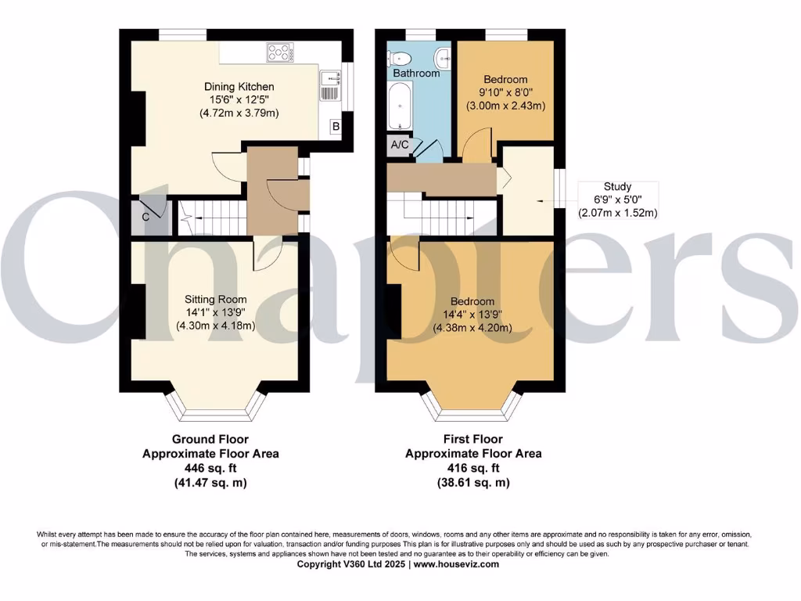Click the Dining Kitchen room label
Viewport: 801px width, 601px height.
pyautogui.click(x=239, y=86)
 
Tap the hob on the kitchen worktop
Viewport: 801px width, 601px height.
pyautogui.click(x=279, y=53)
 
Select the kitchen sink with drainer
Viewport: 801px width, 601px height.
pyautogui.click(x=332, y=85)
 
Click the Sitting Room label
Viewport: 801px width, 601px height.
pyautogui.click(x=215, y=299)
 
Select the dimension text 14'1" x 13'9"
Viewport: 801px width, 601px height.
pyautogui.click(x=215, y=312)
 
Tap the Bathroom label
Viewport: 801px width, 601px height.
pyautogui.click(x=416, y=73)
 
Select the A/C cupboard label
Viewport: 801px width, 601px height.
pyautogui.click(x=399, y=145)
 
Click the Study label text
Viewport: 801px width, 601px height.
pyautogui.click(x=617, y=187)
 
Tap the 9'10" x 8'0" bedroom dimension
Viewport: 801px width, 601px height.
pyautogui.click(x=505, y=92)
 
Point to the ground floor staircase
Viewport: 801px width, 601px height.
pyautogui.click(x=211, y=216)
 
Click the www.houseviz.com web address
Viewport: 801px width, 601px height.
pyautogui.click(x=458, y=563)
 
